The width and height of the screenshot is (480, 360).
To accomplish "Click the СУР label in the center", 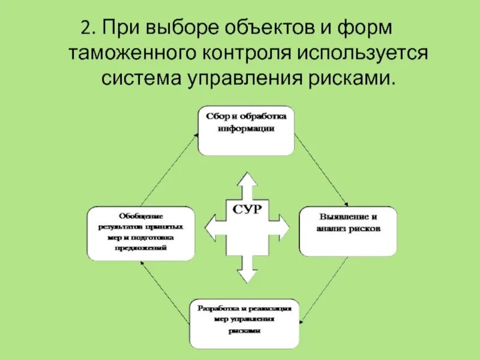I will pos(247,209).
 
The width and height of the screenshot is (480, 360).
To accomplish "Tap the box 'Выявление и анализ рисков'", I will pos(348,232).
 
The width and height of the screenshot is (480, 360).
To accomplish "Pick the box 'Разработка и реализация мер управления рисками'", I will pos(245,323).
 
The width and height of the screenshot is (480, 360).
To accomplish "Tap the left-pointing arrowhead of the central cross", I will pos(211,227).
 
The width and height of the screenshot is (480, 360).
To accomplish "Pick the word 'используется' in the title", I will pos(361,53).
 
